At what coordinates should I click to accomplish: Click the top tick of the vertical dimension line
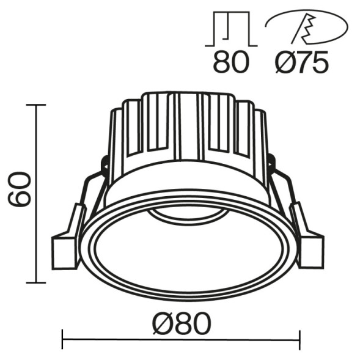pyautogui.click(x=37, y=105)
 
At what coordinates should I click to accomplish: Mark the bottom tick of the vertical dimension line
pyautogui.click(x=37, y=283)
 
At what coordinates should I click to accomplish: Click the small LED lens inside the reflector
pyautogui.click(x=186, y=216)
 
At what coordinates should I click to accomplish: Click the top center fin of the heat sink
pyautogui.click(x=188, y=122)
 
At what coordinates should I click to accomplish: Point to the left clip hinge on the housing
pyautogui.click(x=104, y=165)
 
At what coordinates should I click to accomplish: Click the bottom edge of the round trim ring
pyautogui.click(x=186, y=296)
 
